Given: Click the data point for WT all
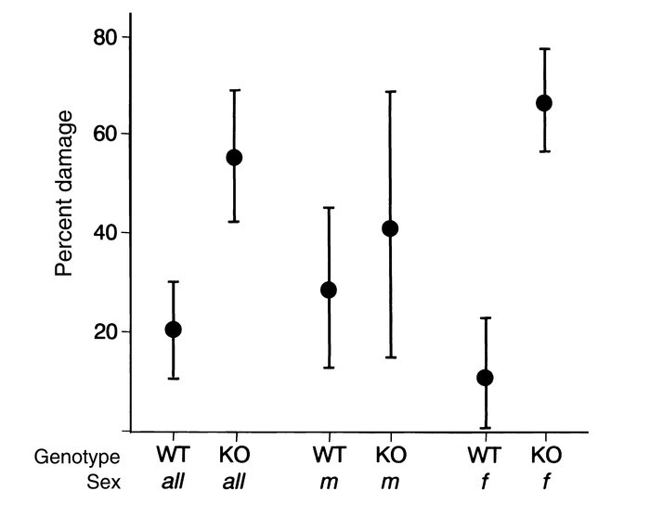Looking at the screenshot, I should [173, 330].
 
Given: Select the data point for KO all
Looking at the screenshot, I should [234, 157].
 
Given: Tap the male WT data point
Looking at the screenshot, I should [328, 290].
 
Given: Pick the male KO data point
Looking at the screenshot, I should [390, 228].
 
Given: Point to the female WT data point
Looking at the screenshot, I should [484, 378].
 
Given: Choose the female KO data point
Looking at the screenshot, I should [544, 102].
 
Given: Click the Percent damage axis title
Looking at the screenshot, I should [63, 194].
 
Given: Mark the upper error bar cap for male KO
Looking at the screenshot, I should [390, 91].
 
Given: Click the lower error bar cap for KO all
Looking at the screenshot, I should [234, 222].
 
